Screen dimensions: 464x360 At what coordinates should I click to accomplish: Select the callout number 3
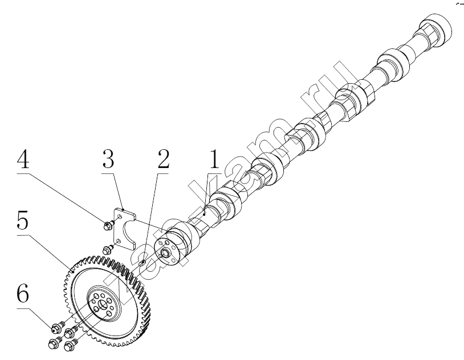[108, 159]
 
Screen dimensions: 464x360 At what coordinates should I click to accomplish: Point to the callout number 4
[23, 159]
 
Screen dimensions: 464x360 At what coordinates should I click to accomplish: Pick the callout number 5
[23, 221]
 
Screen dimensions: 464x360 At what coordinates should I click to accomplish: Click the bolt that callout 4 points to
[107, 226]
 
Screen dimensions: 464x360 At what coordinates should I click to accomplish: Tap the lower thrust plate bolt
[107, 249]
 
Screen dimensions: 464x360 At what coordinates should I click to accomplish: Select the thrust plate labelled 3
[125, 228]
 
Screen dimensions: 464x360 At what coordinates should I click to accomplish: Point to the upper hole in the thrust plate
[119, 218]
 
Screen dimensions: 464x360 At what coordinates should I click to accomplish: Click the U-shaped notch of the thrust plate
[128, 231]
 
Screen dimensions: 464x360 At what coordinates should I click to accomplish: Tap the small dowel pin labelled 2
[143, 263]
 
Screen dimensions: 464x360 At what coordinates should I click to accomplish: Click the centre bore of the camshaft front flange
[164, 253]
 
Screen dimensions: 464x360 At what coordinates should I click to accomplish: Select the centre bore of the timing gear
[102, 305]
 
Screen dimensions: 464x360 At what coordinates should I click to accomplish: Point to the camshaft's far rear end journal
[437, 27]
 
